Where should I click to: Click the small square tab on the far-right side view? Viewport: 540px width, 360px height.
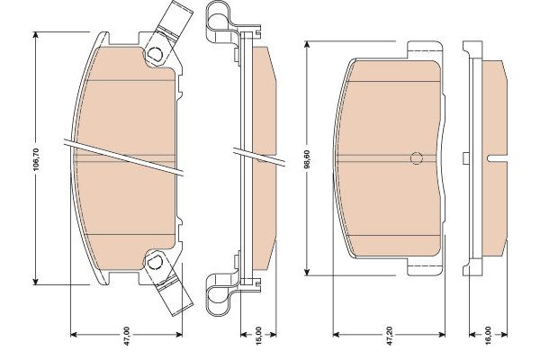(x=465, y=159)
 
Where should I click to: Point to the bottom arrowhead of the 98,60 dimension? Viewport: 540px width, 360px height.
(x=307, y=273)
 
